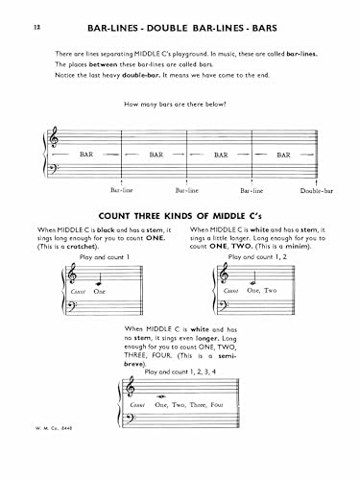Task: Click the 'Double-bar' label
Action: pos(313,191)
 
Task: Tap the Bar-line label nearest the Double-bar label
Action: pos(256,191)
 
